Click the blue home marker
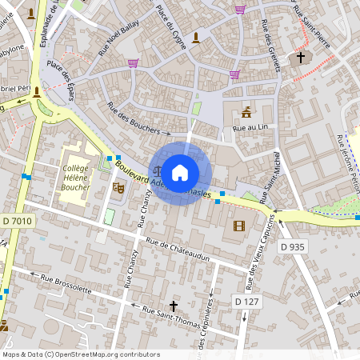(x=180, y=172)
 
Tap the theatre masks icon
(x=119, y=189)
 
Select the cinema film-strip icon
(x=238, y=226)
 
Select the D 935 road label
(x=293, y=247)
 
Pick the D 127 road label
(x=247, y=301)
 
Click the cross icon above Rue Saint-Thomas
(x=174, y=305)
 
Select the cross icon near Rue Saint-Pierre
(x=301, y=58)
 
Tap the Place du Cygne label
(x=171, y=25)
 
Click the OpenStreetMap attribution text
(x=81, y=354)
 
